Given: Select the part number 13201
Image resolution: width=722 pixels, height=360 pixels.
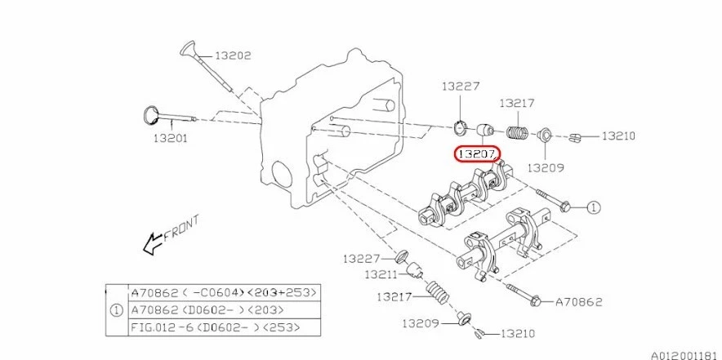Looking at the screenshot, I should click(x=170, y=138).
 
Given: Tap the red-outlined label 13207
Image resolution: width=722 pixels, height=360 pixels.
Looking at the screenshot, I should click(x=478, y=153).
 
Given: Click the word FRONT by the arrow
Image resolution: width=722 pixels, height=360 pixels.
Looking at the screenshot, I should click(x=181, y=232).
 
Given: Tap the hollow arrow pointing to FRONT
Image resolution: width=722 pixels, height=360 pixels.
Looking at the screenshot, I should click(x=152, y=242).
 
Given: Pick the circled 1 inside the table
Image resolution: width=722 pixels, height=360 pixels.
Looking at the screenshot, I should click(x=117, y=309).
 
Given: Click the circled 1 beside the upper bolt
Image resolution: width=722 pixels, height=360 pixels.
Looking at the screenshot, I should click(x=593, y=207).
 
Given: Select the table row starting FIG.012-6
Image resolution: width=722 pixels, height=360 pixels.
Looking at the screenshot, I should click(x=216, y=327).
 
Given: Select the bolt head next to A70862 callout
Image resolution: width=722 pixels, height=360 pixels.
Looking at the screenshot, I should click(x=536, y=300).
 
